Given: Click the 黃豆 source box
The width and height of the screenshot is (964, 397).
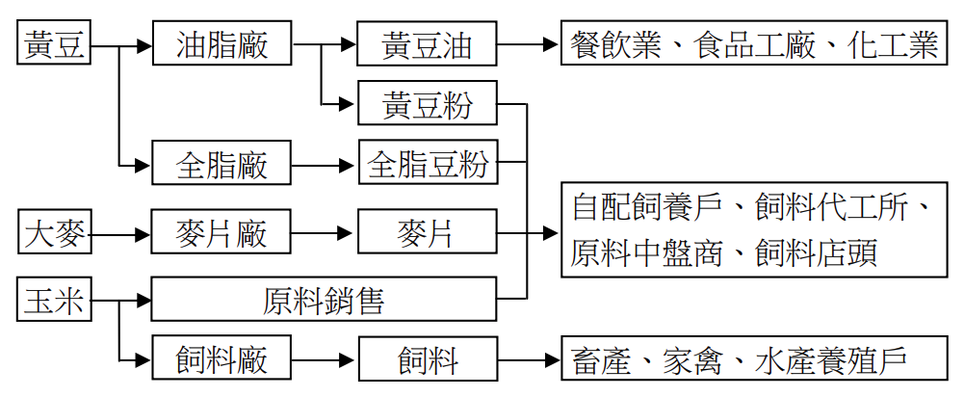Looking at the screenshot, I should tap(55, 44).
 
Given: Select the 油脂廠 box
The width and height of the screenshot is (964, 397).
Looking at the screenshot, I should tap(221, 44).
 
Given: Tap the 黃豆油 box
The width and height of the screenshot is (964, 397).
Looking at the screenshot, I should tap(427, 44).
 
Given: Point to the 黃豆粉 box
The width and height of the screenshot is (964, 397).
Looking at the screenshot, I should tap(427, 104).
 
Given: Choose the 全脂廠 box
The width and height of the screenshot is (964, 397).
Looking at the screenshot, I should tap(221, 165).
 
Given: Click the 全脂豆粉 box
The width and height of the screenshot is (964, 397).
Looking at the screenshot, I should tap(428, 165).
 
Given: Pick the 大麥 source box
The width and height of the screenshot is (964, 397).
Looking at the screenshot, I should tap(55, 233).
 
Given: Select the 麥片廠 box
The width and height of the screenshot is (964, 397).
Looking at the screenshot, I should tap(221, 233).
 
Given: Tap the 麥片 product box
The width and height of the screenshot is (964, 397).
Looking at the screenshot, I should tap(427, 233).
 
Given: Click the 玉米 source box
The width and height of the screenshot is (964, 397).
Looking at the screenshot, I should tap(55, 301).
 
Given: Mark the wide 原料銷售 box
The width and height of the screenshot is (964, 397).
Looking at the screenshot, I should tap(324, 301).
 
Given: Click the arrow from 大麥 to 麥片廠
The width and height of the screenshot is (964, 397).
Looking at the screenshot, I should tap(120, 233).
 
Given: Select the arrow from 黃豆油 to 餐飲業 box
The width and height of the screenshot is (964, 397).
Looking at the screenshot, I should tap(529, 44).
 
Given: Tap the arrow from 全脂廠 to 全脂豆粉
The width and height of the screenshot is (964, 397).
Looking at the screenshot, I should tap(324, 165).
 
